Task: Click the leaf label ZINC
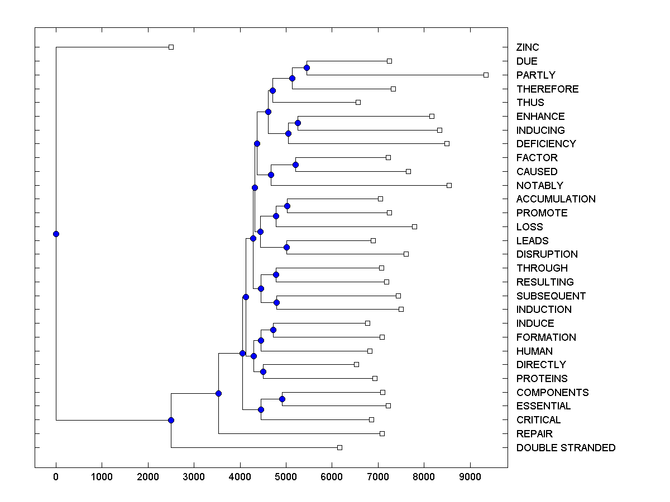[528, 47]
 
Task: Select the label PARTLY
[535, 75]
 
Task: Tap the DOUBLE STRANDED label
[566, 448]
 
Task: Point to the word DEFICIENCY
[545, 144]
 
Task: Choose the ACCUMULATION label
[556, 199]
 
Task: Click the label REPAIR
[534, 434]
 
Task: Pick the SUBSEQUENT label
[551, 296]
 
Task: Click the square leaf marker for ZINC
[171, 47]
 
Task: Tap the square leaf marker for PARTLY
[486, 75]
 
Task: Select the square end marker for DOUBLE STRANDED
[339, 447]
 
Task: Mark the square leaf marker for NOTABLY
[449, 185]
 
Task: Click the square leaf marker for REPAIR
[382, 433]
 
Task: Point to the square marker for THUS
[358, 102]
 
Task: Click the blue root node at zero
[56, 234]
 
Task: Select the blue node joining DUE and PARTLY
[307, 67]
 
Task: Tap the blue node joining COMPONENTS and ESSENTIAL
[282, 399]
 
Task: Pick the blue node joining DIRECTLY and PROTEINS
[263, 371]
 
